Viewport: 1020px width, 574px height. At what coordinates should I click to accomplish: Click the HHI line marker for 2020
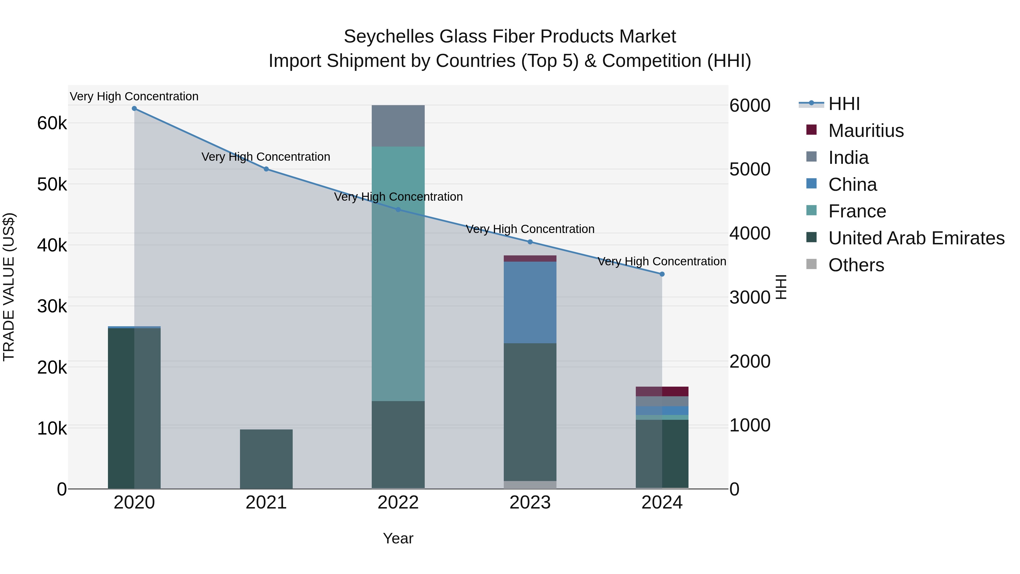coord(134,109)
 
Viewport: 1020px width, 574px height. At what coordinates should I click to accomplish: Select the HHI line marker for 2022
coord(398,209)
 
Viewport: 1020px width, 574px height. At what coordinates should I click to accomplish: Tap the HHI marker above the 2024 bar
coord(662,274)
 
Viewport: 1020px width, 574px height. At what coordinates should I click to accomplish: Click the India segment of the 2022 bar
coord(398,126)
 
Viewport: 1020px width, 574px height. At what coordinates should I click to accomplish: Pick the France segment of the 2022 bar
coord(398,273)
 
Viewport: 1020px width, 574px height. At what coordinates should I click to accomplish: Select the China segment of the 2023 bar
coord(530,302)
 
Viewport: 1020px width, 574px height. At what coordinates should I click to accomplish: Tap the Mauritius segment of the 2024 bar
coord(662,391)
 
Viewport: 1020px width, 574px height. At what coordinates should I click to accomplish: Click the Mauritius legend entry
coord(866,131)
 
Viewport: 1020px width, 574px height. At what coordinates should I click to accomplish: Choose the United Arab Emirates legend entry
coord(916,238)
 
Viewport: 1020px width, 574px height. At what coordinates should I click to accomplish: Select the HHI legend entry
coord(843,104)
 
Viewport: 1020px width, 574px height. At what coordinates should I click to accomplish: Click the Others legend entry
coord(856,265)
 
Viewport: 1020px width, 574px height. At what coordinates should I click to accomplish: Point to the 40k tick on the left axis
coord(52,245)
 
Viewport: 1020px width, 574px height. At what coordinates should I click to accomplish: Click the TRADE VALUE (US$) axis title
coord(9,287)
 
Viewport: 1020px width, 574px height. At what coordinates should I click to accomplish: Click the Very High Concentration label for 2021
coord(266,157)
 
